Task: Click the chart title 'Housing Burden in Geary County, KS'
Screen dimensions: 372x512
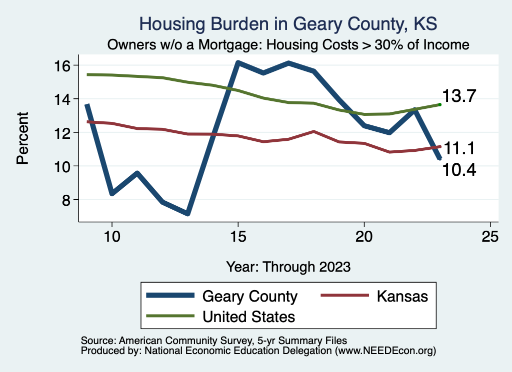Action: (x=288, y=24)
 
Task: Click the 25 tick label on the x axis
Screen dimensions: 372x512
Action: (x=490, y=236)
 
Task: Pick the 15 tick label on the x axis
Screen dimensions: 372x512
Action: (x=238, y=236)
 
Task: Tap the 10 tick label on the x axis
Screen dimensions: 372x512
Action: (x=112, y=236)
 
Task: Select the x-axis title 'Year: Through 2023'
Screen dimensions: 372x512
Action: (x=288, y=266)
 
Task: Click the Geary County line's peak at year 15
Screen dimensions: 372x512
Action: (x=238, y=63)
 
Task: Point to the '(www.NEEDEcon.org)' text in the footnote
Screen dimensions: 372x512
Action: (x=385, y=351)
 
